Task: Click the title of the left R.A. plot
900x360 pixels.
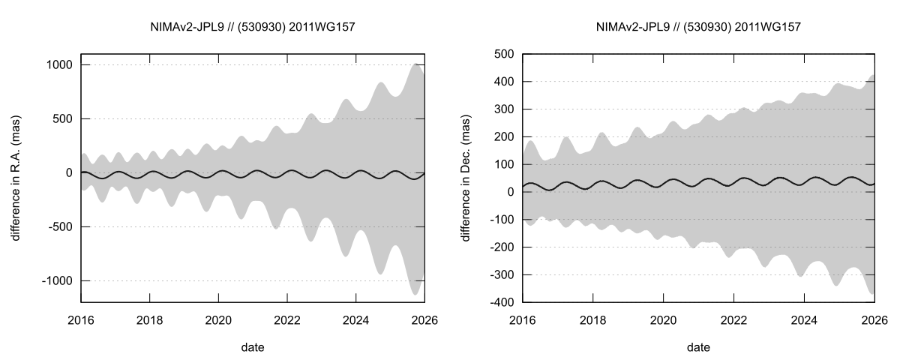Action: (253, 28)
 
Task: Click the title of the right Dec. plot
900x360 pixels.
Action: (698, 28)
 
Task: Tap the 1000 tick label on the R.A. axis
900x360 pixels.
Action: (58, 65)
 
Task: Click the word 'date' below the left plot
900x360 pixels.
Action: (253, 348)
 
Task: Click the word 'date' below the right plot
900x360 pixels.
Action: (698, 348)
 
